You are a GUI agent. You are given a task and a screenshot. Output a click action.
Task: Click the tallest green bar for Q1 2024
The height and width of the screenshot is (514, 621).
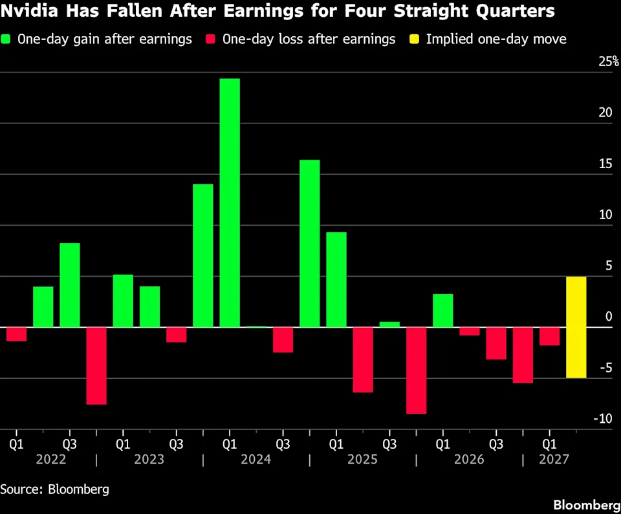230,203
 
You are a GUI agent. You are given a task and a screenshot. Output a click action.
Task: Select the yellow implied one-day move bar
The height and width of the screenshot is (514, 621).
576,327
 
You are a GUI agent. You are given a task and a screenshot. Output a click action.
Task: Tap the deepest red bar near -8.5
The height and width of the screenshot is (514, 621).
416,370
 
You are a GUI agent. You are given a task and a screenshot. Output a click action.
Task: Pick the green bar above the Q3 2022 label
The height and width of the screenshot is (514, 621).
70,285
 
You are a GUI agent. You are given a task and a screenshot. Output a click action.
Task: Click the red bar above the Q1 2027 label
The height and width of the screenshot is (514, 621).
550,336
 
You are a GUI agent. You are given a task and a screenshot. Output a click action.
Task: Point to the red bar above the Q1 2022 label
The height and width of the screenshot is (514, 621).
17,334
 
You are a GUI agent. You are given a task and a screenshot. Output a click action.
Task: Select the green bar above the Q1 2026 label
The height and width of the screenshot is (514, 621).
442,310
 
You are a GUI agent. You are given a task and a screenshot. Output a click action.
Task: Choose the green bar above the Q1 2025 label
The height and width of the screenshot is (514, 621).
336,279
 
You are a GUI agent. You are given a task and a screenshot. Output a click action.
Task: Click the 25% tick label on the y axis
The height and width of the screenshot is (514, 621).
609,61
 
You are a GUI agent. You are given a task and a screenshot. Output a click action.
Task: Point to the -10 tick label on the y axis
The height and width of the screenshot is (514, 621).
603,418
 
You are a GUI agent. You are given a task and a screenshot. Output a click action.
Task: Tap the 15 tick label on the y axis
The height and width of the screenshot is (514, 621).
605,164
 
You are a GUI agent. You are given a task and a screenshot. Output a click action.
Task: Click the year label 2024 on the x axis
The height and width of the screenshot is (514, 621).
256,459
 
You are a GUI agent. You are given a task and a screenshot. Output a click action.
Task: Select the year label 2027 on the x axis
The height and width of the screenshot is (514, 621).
554,459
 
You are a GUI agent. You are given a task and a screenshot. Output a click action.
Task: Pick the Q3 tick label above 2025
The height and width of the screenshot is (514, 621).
389,444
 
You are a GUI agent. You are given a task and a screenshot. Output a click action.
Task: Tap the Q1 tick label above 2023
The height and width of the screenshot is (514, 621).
123,444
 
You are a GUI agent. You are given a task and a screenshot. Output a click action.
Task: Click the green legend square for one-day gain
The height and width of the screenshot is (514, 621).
6,39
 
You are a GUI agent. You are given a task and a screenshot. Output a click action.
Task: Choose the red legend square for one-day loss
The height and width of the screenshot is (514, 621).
210,39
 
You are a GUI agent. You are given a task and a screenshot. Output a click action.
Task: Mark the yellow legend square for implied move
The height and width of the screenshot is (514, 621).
414,39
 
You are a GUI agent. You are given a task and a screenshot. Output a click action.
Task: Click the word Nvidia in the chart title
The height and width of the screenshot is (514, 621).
30,11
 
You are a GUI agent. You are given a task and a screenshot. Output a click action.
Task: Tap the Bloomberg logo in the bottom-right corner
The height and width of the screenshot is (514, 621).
587,505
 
